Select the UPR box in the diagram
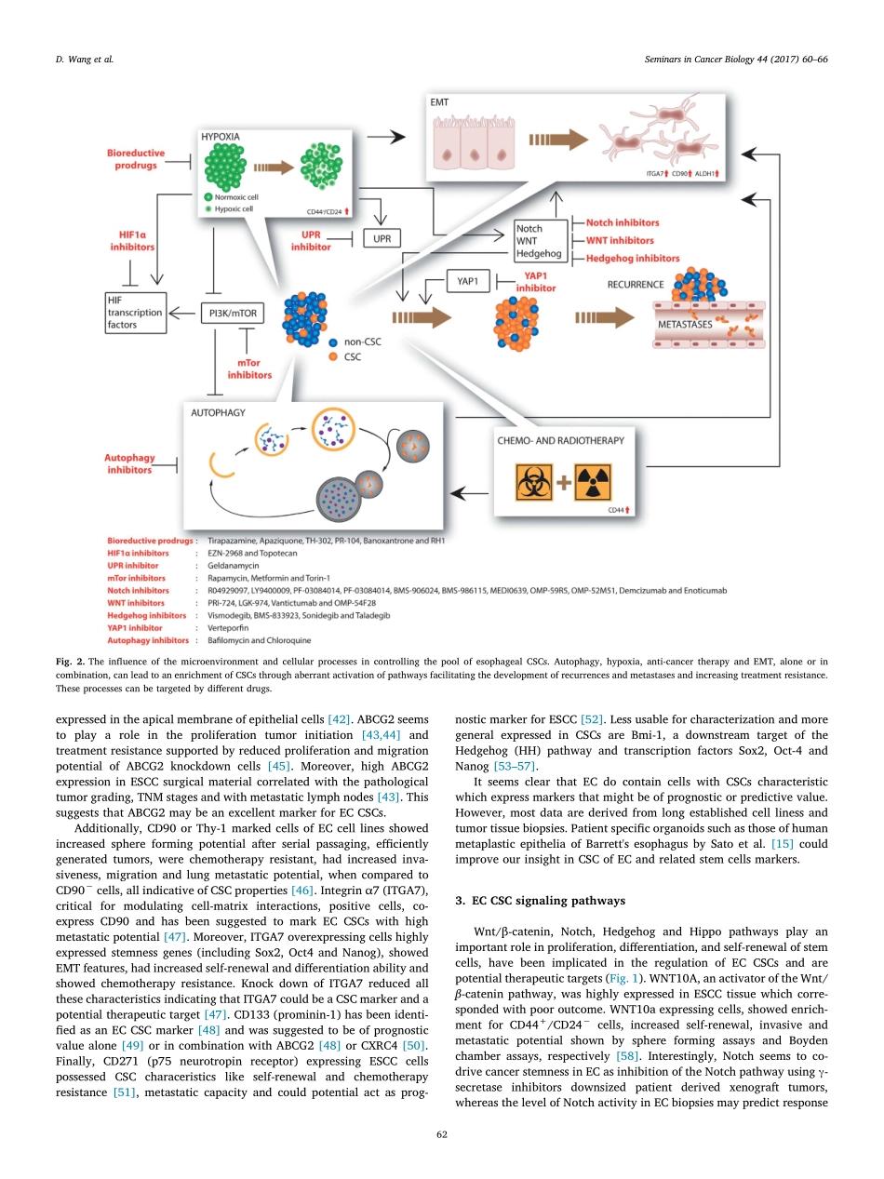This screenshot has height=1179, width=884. coord(382,238)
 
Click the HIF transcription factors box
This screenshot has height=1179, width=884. coord(135,314)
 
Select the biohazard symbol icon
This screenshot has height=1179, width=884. coord(538,484)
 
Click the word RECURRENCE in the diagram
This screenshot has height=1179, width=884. coord(636,284)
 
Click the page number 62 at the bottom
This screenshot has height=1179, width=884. coord(441,1132)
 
